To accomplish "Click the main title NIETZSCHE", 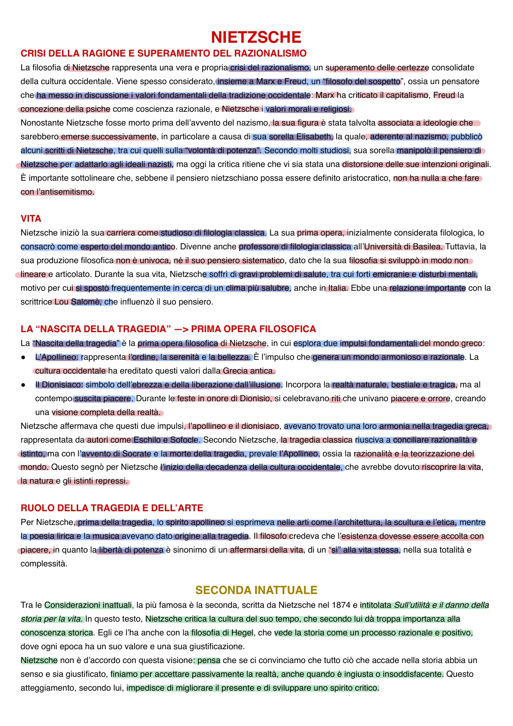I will (x=256, y=37).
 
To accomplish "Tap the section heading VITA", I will (x=31, y=219).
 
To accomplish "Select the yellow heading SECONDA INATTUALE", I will (x=256, y=590).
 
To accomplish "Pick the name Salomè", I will (x=86, y=302).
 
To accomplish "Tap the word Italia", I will (x=337, y=288).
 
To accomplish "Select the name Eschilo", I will (x=147, y=440).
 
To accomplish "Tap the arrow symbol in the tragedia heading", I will (x=181, y=329).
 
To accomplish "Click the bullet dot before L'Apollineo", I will (x=23, y=358).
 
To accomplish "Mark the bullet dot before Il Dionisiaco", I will (x=23, y=385).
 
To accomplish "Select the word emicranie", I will (x=391, y=274).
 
